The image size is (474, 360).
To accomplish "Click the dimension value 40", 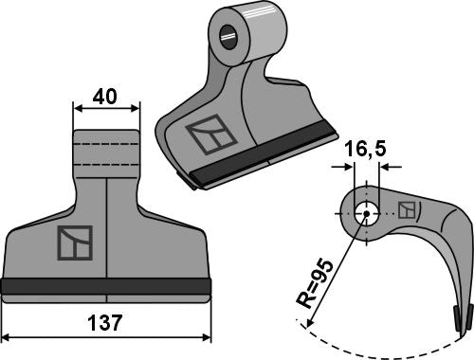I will tap(106, 97).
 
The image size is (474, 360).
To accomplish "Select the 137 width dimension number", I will tap(106, 323).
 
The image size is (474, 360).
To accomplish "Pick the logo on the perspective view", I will tap(210, 136).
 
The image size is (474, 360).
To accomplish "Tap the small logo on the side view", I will tap(406, 210).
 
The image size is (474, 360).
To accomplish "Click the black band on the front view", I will tap(106, 285).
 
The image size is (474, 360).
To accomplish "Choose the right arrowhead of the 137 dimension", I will tap(207, 336).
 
